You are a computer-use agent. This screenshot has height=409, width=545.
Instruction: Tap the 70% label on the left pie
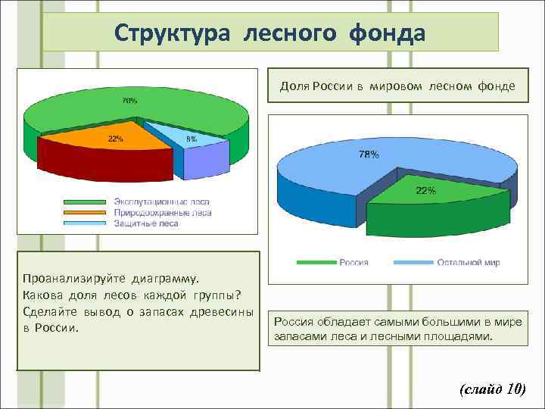tap(130, 100)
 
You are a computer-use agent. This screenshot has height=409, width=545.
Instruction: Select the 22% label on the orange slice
tap(116, 139)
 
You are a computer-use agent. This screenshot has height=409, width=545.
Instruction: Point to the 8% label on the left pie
tap(192, 139)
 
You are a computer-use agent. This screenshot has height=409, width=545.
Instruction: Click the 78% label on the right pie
tap(369, 155)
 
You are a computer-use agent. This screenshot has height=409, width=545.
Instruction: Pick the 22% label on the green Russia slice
tap(425, 191)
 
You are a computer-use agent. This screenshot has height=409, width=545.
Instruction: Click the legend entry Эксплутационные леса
tap(161, 203)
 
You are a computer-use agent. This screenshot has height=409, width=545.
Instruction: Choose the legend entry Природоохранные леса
tap(162, 213)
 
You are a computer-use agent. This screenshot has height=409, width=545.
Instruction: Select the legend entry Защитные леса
tap(146, 223)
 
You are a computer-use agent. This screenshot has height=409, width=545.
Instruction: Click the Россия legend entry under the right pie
tap(353, 262)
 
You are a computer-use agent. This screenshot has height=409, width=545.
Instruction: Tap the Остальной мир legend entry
tap(469, 262)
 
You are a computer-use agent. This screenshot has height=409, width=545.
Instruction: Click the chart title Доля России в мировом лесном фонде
tap(397, 86)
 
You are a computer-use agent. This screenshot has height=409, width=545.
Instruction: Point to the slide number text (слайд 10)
tap(492, 389)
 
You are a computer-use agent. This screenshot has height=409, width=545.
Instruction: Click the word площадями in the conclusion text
tap(459, 336)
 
